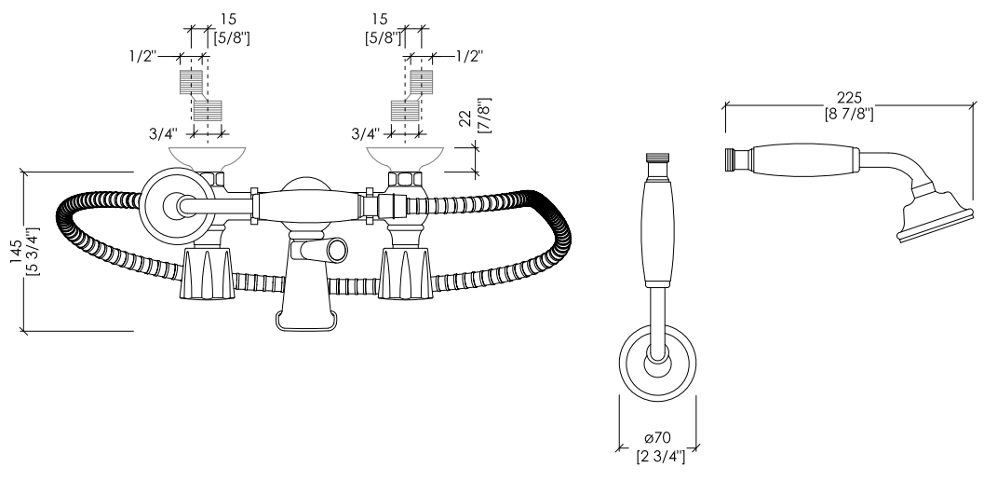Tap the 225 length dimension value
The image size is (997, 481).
click(x=849, y=98)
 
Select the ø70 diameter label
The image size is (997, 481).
click(x=657, y=438)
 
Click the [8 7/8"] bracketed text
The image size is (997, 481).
click(x=849, y=115)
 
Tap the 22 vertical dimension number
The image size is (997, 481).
click(x=465, y=117)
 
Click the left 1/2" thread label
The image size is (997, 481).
click(x=142, y=56)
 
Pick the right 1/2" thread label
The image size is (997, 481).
click(x=469, y=56)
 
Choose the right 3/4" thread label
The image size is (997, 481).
click(x=366, y=133)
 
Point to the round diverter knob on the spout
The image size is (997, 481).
click(x=337, y=249)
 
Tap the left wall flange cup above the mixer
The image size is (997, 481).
click(x=207, y=158)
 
